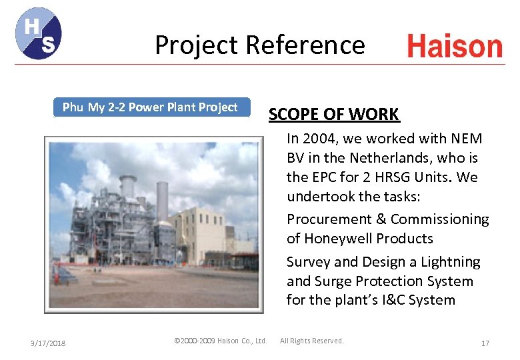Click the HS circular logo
tap(38, 33)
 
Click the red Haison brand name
tap(455, 47)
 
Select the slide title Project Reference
tap(260, 45)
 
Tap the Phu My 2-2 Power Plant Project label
tap(150, 107)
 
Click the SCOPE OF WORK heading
tap(333, 114)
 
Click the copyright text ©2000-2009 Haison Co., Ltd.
tap(220, 341)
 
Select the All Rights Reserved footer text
tap(311, 341)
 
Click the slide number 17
tap(485, 343)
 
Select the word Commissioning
tap(439, 219)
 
